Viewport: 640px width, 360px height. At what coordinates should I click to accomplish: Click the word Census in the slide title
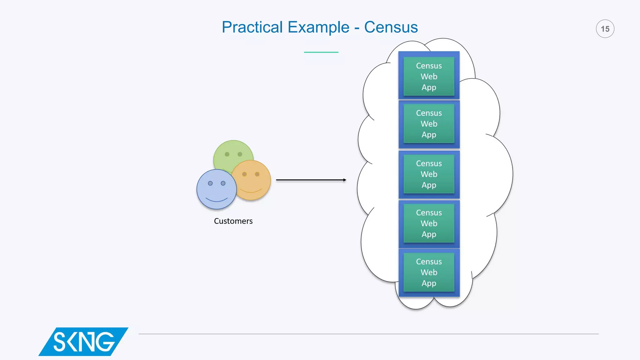[x=391, y=27]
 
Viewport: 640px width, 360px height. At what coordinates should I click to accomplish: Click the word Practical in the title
[x=252, y=27]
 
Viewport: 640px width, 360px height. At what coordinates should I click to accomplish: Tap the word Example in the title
[x=318, y=27]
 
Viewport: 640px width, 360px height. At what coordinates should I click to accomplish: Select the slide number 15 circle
[x=605, y=29]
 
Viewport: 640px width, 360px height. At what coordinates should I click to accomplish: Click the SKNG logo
[x=83, y=342]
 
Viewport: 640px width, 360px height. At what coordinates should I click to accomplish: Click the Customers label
[x=233, y=221]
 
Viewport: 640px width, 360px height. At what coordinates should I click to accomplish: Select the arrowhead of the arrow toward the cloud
[x=344, y=180]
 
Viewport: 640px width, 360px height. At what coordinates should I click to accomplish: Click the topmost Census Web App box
[x=429, y=76]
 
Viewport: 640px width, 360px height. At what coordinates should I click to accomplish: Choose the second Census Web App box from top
[x=429, y=124]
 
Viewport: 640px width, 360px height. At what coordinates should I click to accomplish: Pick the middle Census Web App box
[x=429, y=174]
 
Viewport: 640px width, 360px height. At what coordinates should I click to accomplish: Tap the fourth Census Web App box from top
[x=429, y=223]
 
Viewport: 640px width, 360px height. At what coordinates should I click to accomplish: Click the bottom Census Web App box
[x=429, y=272]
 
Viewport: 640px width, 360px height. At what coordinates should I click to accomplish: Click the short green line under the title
[x=321, y=52]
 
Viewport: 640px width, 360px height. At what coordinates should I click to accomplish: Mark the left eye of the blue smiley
[x=210, y=183]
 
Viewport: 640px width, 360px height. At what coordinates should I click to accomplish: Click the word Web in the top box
[x=429, y=77]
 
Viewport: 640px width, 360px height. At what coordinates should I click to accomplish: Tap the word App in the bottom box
[x=429, y=283]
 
